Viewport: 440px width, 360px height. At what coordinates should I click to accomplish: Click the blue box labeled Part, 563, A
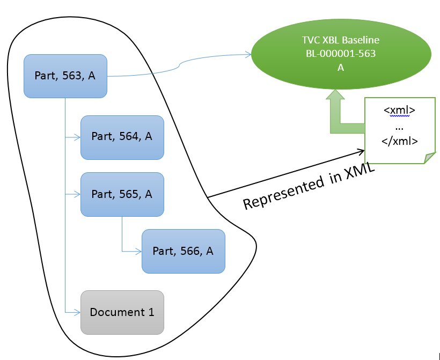pos(65,76)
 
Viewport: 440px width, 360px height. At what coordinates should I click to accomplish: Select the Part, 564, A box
pos(122,137)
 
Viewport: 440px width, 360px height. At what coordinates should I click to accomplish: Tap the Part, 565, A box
pos(122,194)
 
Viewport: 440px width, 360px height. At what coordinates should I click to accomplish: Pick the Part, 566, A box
pos(183,251)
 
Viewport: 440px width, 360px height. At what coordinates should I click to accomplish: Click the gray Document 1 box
pos(122,312)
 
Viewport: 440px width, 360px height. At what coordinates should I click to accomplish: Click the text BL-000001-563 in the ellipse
pos(341,54)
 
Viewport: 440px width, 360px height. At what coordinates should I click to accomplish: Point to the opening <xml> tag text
pos(399,111)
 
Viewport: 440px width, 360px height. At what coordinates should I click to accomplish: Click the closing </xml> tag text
pos(399,140)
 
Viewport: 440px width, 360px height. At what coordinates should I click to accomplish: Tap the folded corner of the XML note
pos(429,158)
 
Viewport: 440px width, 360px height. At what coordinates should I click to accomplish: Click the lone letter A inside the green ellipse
pos(341,68)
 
